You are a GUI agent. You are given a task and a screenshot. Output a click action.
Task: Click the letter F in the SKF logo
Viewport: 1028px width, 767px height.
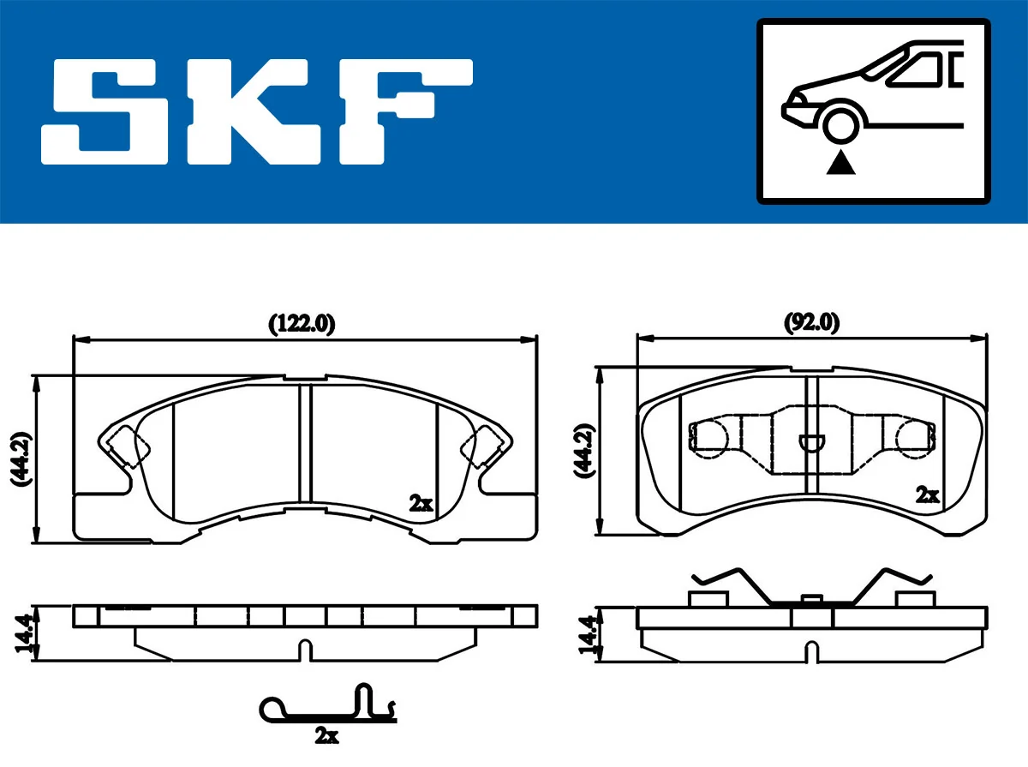pos(403,111)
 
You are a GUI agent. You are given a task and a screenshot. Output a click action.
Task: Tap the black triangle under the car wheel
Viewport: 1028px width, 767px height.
pos(841,162)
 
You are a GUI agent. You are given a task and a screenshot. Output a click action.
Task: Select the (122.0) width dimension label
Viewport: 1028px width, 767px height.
pos(302,324)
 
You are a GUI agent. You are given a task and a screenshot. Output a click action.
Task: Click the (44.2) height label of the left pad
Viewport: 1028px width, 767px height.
pos(21,459)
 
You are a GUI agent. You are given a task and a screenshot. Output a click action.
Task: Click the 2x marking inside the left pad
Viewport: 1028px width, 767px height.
pos(420,504)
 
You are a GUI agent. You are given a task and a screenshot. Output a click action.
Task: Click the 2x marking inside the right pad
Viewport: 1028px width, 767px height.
pos(927,494)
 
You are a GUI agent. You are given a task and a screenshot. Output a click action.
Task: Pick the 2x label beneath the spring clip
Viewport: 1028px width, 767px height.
pos(326,734)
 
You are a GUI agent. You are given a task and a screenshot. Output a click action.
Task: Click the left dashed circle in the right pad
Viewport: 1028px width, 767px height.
pos(710,437)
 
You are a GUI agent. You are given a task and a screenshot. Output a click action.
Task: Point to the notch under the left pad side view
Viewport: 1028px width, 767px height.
pos(302,650)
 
